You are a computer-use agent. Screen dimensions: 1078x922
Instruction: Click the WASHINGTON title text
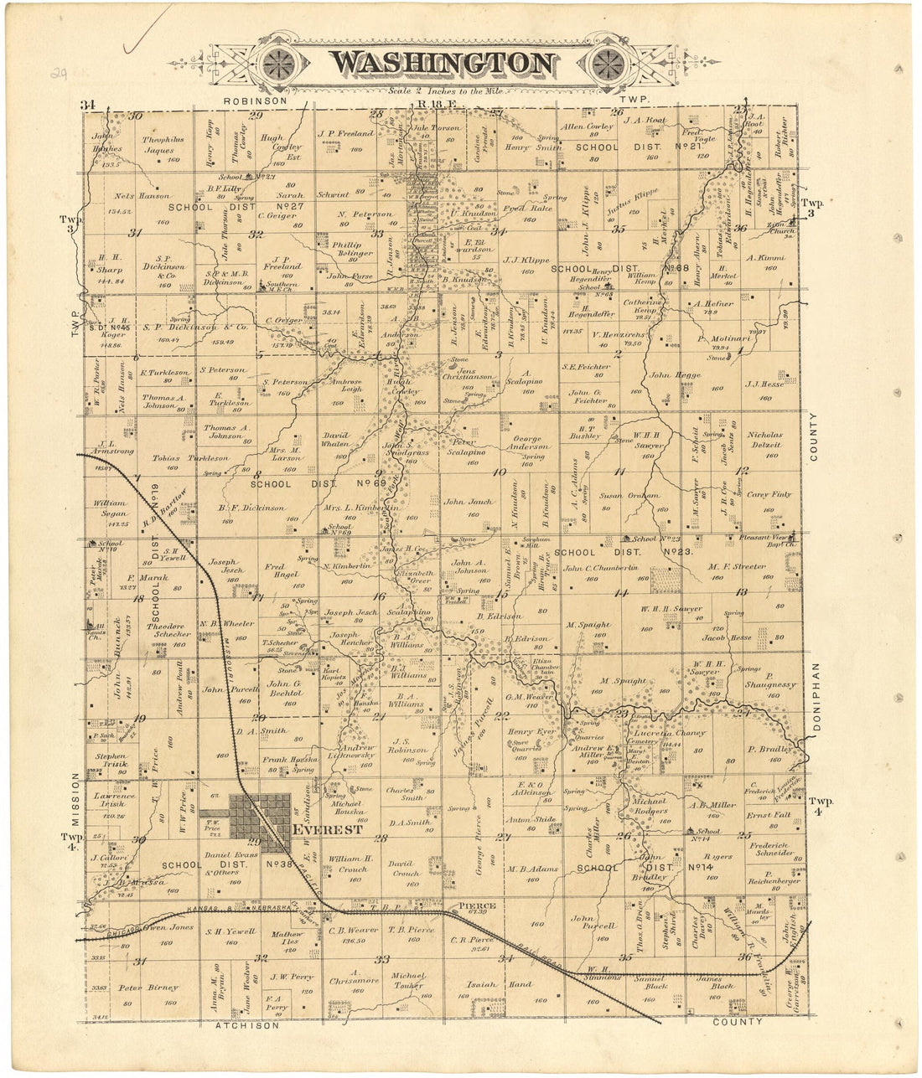pos(441,64)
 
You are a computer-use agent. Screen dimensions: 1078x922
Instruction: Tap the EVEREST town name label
pos(328,830)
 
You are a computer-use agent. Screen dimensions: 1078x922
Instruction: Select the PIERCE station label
pos(477,906)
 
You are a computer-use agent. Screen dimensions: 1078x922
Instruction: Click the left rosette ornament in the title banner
pos(278,63)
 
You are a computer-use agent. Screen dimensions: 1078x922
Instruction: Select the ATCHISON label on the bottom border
pos(246,1025)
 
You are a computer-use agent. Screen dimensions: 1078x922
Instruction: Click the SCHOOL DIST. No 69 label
pos(318,483)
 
